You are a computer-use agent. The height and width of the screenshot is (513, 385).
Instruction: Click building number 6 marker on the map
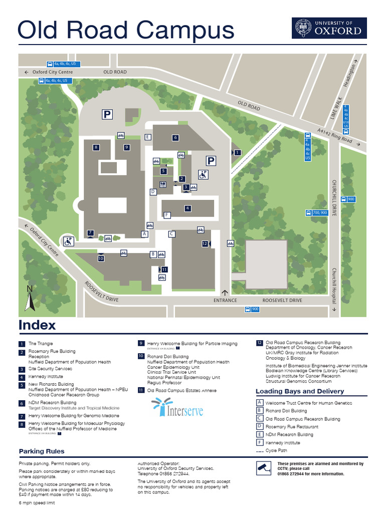click(x=175, y=137)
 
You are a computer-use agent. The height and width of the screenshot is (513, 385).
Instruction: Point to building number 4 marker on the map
click(x=187, y=208)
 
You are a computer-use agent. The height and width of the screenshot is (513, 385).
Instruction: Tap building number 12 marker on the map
click(x=205, y=243)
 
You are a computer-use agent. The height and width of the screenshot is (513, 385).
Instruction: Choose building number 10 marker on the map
click(x=101, y=259)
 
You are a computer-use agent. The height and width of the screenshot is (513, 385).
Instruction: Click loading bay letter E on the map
click(x=147, y=137)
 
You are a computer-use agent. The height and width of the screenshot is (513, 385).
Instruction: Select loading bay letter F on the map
click(x=167, y=215)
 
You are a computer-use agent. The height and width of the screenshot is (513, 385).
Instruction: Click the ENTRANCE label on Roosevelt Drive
click(x=225, y=301)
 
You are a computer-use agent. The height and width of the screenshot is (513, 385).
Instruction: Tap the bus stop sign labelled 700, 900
click(x=316, y=213)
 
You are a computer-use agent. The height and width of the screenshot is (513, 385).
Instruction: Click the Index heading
click(x=37, y=325)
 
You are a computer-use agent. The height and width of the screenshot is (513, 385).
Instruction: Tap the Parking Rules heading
click(x=42, y=451)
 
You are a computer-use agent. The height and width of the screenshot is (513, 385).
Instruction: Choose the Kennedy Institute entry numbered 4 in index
click(x=45, y=376)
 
